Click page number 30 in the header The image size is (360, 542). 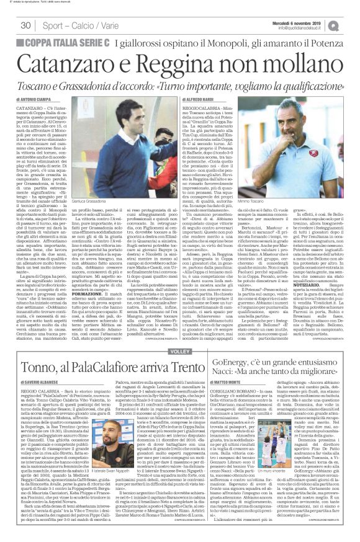pyautogui.click(x=26, y=25)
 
